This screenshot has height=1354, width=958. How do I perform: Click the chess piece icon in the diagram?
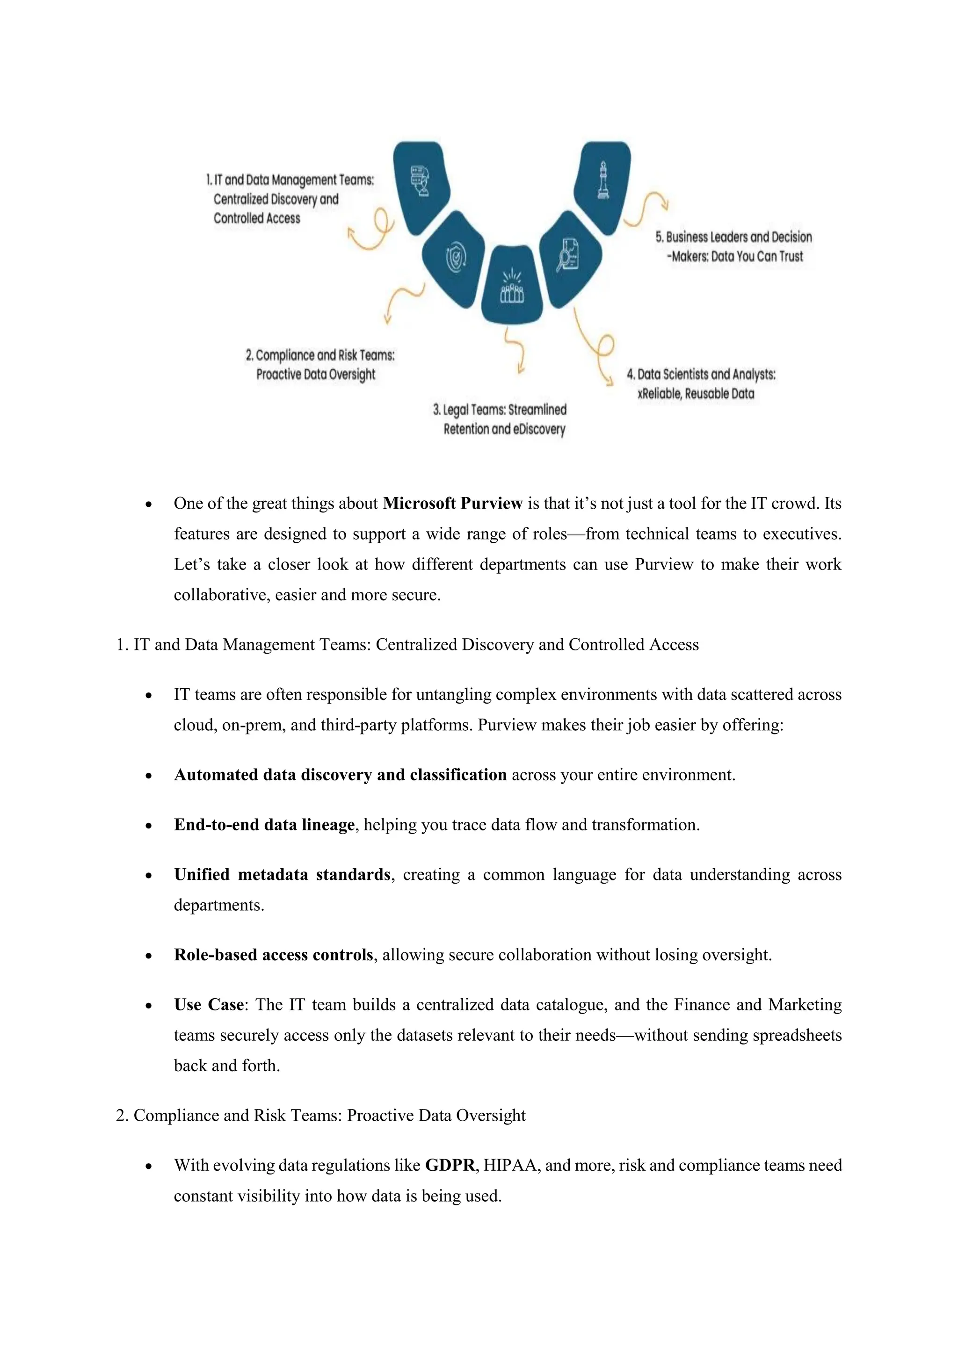pos(603,180)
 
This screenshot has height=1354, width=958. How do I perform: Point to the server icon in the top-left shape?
pos(420,180)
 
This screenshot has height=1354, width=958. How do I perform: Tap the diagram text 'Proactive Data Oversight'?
pos(316,375)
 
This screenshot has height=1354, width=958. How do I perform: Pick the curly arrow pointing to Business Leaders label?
pos(646,209)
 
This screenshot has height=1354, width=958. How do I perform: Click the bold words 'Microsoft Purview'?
pos(452,503)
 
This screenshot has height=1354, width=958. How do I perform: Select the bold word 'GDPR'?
pos(450,1165)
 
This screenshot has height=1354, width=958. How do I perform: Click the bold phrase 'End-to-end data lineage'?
pos(264,824)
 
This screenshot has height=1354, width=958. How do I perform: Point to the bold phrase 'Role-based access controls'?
pos(273,955)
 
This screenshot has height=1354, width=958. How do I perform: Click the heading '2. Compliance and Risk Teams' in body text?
pos(320,1115)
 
